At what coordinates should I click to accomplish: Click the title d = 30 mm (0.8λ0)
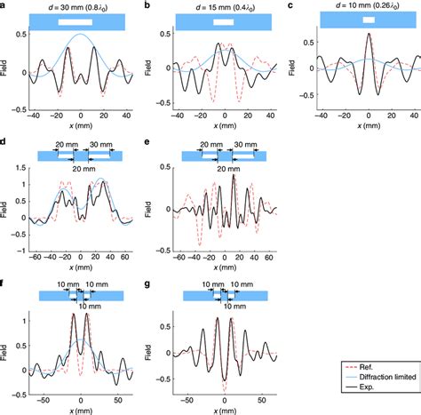pyautogui.click(x=79, y=8)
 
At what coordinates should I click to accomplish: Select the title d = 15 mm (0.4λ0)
pyautogui.click(x=222, y=8)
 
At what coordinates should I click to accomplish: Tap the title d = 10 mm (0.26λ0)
pyautogui.click(x=366, y=8)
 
